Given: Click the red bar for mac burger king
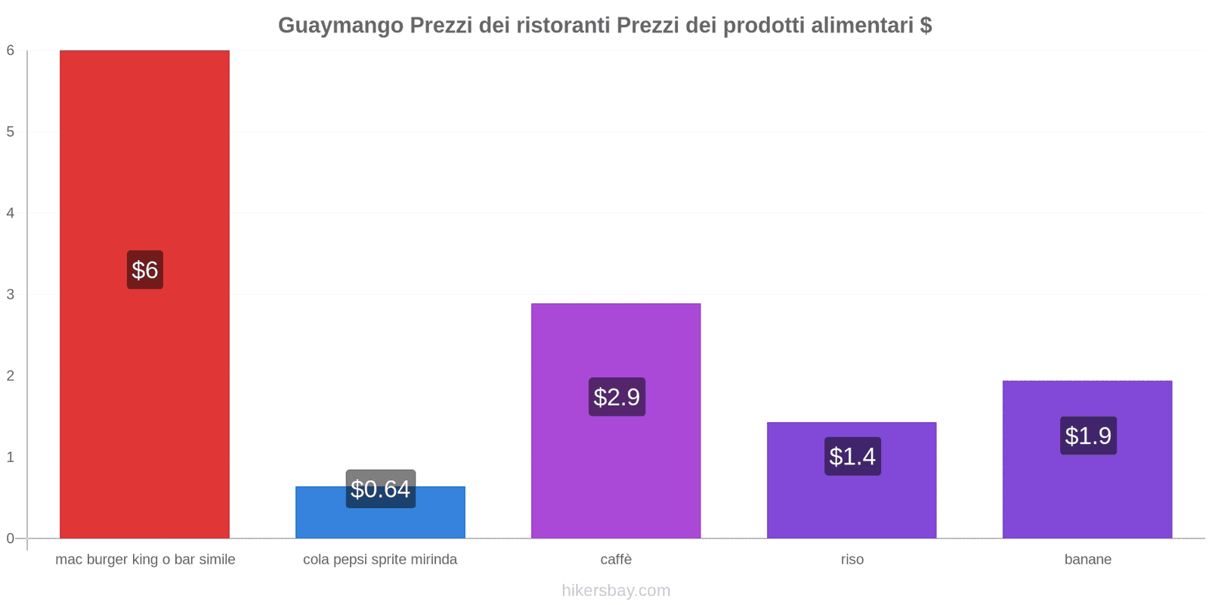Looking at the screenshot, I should tap(144, 151).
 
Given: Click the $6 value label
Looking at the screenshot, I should tap(144, 270).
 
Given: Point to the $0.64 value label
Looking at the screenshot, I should tap(380, 489).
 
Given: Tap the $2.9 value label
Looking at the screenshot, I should tap(617, 397).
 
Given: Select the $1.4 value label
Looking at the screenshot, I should tap(852, 456).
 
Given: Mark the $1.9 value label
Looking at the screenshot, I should tap(1088, 436).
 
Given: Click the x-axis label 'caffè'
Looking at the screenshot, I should tap(616, 560).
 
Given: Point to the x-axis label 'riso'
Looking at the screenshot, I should tap(852, 560).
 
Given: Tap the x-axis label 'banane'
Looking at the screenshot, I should tap(1087, 560).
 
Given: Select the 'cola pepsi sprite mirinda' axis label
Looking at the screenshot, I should tap(380, 560).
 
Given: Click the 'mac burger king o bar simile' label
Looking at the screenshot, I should tap(145, 560).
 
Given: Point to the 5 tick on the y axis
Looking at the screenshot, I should tap(11, 132).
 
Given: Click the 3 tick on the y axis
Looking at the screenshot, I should tap(11, 294).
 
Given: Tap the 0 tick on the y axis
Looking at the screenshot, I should tap(11, 538).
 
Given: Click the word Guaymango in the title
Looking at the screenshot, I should tap(340, 26).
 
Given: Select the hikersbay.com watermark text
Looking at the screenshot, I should tap(616, 591).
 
